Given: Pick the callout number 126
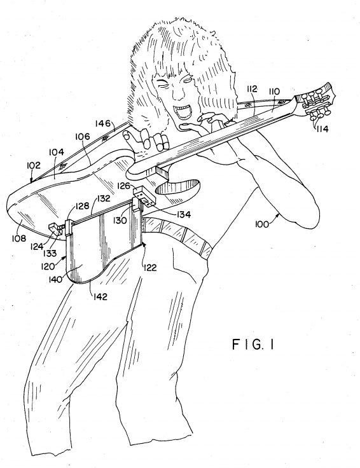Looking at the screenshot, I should [x=123, y=186].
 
